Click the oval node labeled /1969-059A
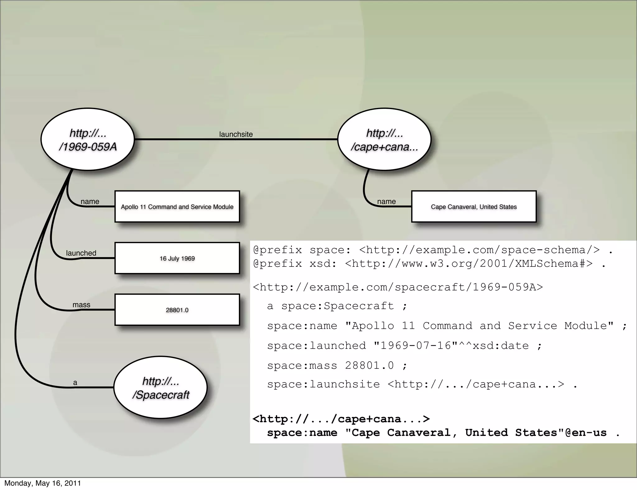88,139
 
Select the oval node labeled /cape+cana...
384,139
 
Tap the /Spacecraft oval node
160,387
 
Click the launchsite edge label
236,134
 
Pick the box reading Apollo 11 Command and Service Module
177,206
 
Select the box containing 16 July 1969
177,258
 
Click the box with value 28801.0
177,310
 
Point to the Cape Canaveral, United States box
474,206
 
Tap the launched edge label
81,253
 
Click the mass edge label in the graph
81,305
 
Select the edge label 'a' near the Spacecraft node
75,383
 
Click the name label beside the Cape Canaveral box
386,201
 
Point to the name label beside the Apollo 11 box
90,201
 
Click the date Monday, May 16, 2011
43,483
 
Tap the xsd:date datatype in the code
500,346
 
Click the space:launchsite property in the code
323,385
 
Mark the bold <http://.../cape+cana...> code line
341,419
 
